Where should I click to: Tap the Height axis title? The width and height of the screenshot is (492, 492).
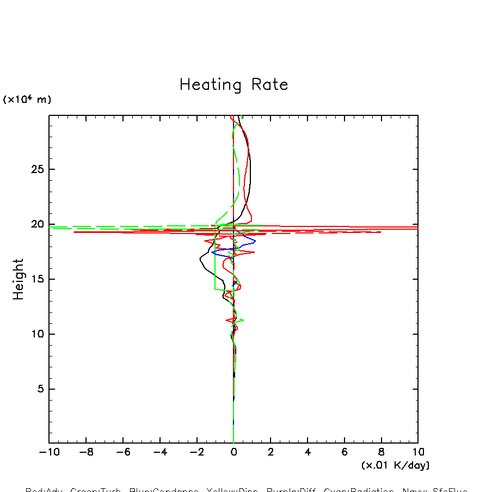tap(19, 279)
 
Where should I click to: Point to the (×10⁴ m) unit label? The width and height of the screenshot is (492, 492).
tap(27, 100)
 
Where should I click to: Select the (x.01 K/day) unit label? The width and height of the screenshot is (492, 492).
tap(395, 465)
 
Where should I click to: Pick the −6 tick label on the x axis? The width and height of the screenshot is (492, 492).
tap(122, 452)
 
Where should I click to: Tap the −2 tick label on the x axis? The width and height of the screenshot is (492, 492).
tap(196, 452)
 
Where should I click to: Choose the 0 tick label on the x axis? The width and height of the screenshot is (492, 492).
tap(233, 452)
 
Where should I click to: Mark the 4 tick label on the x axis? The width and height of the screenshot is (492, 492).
tap(307, 452)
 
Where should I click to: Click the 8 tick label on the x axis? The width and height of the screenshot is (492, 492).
tap(381, 452)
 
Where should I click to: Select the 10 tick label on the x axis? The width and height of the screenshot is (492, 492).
tap(418, 452)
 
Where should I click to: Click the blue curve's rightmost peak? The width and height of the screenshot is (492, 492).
tap(255, 241)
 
